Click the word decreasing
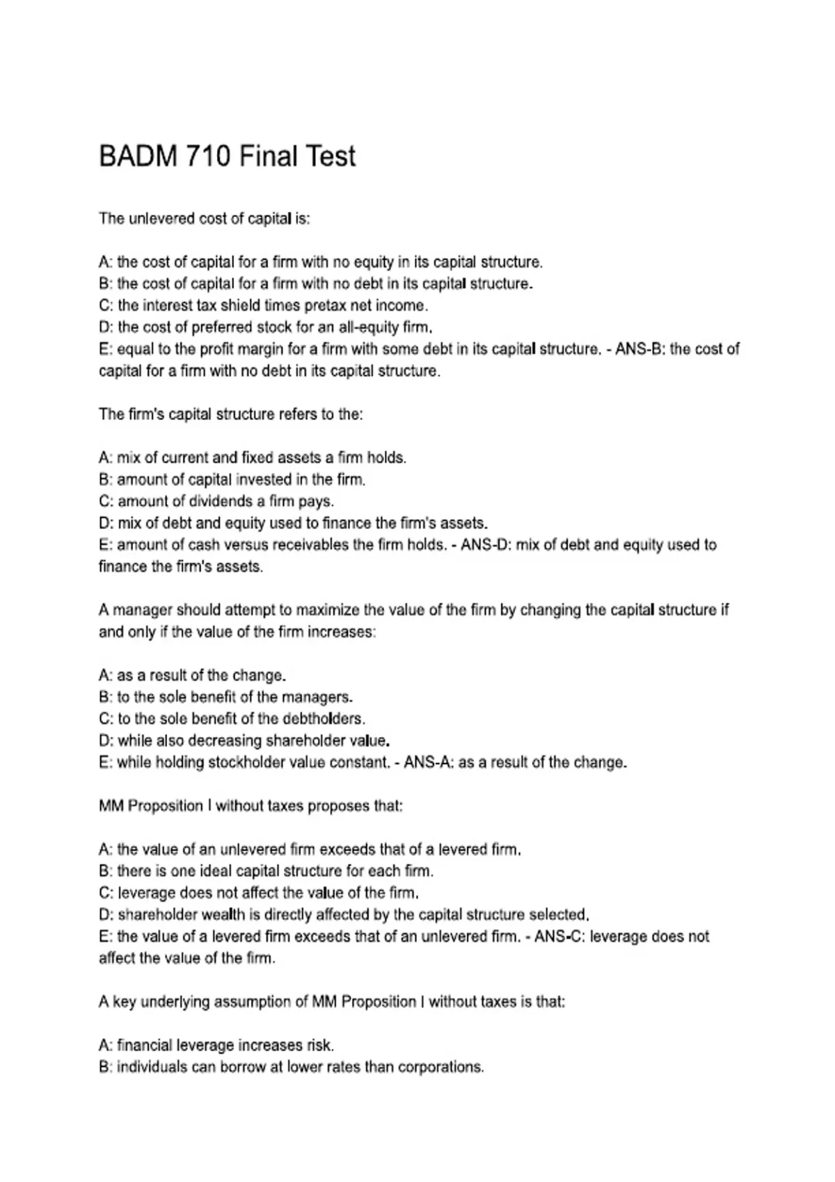225,740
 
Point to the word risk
319,1045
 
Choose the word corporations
440,1067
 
